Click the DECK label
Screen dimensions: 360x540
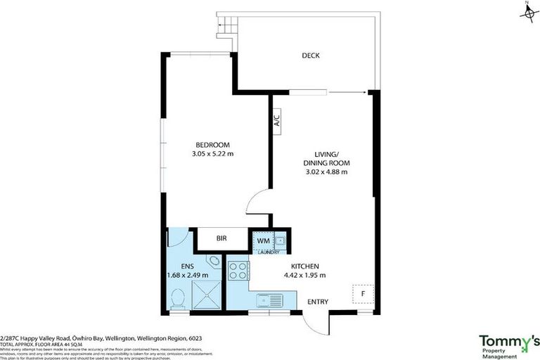(x=311, y=56)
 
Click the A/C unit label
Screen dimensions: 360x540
(x=276, y=120)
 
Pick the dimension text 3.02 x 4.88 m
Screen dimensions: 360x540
(x=326, y=172)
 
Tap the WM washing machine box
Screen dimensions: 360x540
(x=263, y=240)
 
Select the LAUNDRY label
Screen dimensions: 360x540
(x=269, y=252)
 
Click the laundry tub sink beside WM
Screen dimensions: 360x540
(x=281, y=240)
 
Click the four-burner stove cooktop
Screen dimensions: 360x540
(x=238, y=271)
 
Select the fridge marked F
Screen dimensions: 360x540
(x=362, y=292)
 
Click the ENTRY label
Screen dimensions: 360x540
(x=318, y=302)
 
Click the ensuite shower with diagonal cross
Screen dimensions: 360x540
(x=207, y=295)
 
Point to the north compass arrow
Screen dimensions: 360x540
(x=527, y=11)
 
